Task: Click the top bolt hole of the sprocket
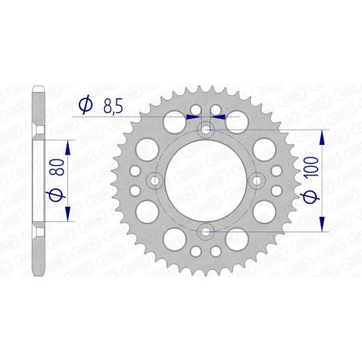tap(206, 129)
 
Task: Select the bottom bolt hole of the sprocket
tap(206, 232)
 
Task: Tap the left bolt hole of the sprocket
tap(155, 180)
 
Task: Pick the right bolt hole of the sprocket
tap(258, 180)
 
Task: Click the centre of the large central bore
tap(206, 180)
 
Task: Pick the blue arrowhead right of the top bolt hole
tap(219, 116)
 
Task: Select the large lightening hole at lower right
tap(239, 239)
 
